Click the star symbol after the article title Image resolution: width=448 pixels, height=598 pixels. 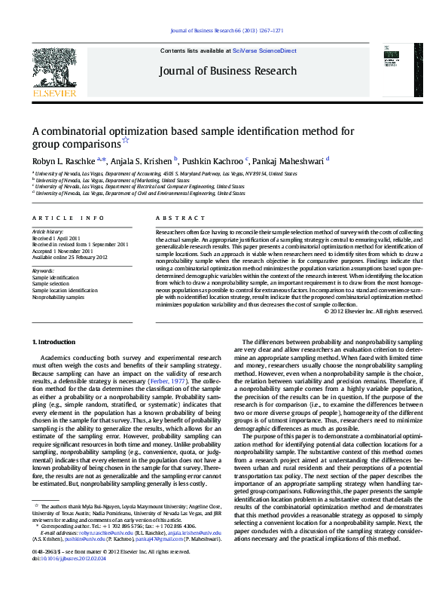point(126,141)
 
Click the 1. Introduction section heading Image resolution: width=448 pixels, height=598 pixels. point(59,342)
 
